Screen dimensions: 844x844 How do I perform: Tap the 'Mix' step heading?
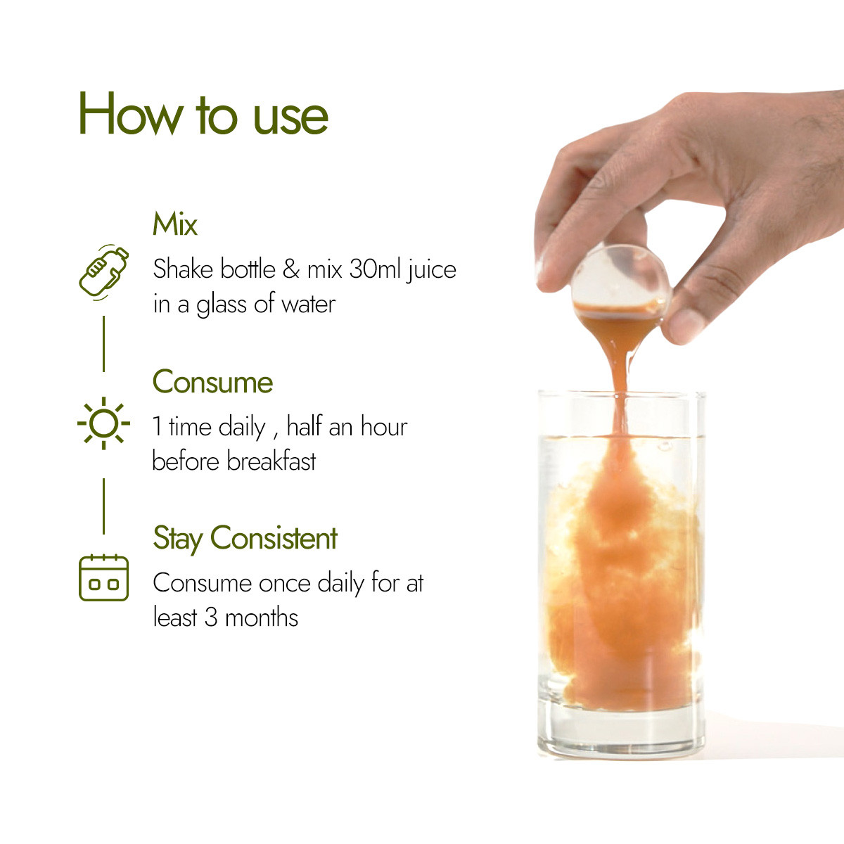[174, 224]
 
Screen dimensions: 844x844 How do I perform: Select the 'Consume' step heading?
[212, 382]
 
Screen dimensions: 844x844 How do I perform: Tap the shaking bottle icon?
[104, 272]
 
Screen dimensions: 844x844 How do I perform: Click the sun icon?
[104, 423]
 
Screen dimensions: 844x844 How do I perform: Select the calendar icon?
[104, 577]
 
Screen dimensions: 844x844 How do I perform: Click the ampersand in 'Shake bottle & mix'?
[290, 269]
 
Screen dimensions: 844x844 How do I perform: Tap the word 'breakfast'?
[271, 461]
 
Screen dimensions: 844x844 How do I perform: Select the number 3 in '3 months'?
[211, 618]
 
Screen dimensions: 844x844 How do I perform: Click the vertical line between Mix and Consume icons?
[104, 344]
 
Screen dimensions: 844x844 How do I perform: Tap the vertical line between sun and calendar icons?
[104, 506]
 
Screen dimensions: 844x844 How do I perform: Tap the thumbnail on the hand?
[686, 325]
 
